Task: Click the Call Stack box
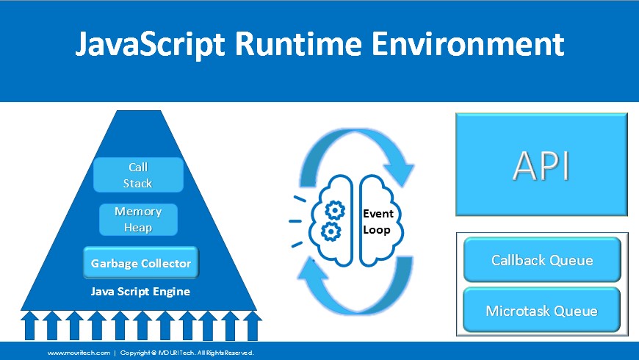click(x=137, y=175)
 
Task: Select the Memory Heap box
click(x=138, y=220)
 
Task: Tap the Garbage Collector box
click(x=140, y=263)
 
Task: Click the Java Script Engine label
click(x=140, y=292)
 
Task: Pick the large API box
click(x=541, y=165)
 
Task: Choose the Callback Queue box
click(x=542, y=260)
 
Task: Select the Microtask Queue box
click(x=542, y=311)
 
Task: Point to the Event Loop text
click(x=378, y=221)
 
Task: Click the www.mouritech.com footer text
click(x=79, y=353)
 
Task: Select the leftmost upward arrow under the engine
click(x=30, y=325)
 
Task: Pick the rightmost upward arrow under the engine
click(x=252, y=325)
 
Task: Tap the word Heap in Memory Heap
click(x=138, y=228)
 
